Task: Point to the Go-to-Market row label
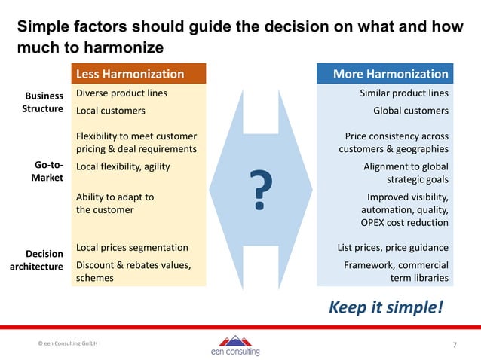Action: (x=47, y=172)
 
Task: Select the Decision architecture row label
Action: (x=37, y=261)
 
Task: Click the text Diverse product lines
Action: (x=121, y=93)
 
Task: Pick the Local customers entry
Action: (x=111, y=111)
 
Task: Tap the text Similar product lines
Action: (x=404, y=93)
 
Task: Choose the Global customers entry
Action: (x=411, y=111)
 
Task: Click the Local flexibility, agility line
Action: (x=123, y=166)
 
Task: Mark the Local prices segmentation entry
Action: (x=132, y=247)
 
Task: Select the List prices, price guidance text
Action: (x=393, y=248)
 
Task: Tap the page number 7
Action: (x=455, y=346)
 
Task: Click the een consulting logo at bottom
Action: (x=235, y=346)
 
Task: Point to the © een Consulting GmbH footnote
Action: (x=68, y=343)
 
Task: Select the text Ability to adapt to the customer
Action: (x=115, y=203)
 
